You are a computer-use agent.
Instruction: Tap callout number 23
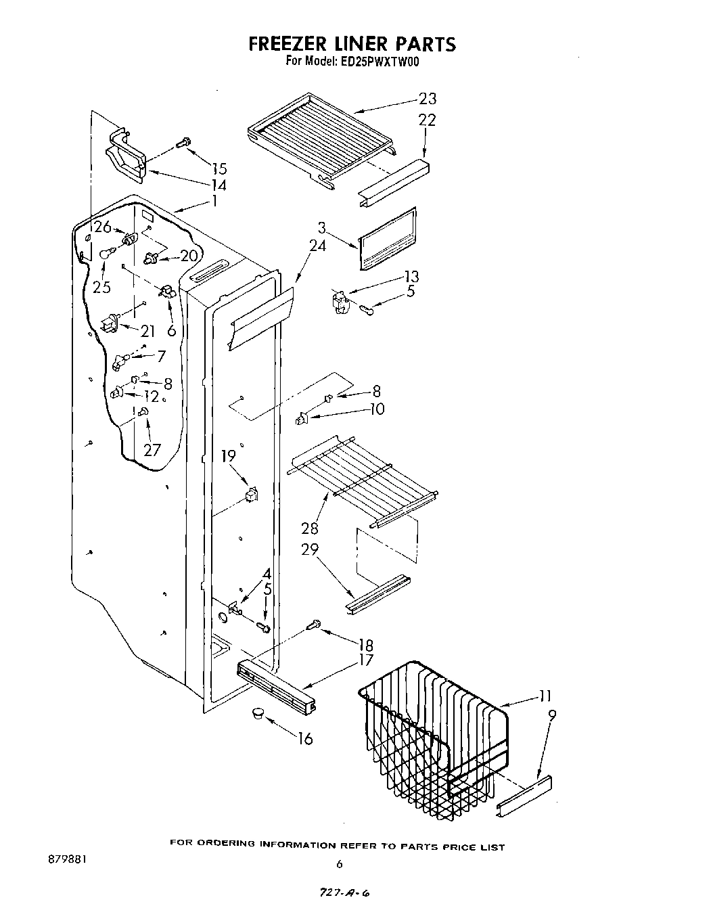click(x=428, y=99)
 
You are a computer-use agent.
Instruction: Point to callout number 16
click(x=305, y=738)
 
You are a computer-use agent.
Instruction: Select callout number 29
click(x=310, y=549)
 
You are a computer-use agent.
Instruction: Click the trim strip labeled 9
click(x=524, y=796)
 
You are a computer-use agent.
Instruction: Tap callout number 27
click(x=153, y=450)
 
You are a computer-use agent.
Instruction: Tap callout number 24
click(x=317, y=246)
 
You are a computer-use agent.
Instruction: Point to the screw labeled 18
click(x=312, y=626)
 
